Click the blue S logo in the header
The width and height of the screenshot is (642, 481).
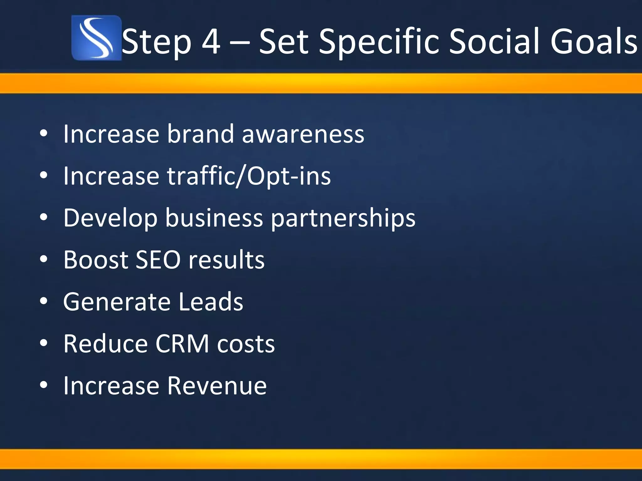(x=96, y=38)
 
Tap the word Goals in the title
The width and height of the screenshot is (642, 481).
(x=594, y=42)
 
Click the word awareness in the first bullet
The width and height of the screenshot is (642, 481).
(x=303, y=134)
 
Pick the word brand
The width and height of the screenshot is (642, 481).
(x=200, y=134)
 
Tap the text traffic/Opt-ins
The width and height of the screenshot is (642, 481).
(x=249, y=176)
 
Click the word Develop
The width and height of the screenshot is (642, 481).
(x=110, y=218)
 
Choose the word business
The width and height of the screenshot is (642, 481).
(x=214, y=218)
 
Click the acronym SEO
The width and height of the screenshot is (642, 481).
(x=158, y=260)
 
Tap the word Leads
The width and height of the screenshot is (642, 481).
(x=211, y=302)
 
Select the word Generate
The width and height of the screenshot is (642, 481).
(x=117, y=302)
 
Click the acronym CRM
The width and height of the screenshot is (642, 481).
(x=182, y=344)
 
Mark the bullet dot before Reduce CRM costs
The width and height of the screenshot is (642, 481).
(x=44, y=343)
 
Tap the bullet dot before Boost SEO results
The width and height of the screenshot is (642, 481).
(x=44, y=259)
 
